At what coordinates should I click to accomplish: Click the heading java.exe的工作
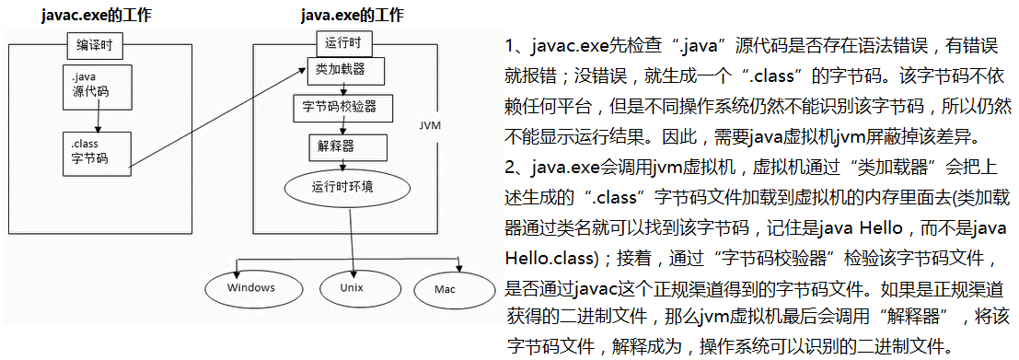[x=352, y=17]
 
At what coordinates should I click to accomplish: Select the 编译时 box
[x=96, y=44]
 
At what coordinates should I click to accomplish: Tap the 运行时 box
[x=342, y=42]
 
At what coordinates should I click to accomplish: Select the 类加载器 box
[x=342, y=70]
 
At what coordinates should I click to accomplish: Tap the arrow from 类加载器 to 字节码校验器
[x=342, y=88]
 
